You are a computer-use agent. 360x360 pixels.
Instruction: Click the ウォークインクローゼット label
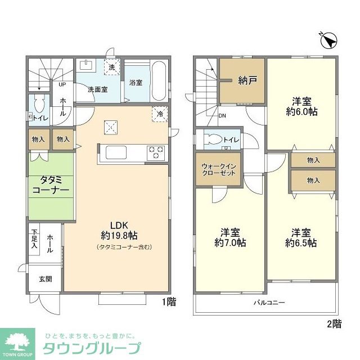218,169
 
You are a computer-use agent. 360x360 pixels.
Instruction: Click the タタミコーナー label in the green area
51,185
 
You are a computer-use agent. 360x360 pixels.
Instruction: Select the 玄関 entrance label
45,279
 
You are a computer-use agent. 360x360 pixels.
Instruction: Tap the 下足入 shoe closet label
34,239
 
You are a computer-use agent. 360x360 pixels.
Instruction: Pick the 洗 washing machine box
112,67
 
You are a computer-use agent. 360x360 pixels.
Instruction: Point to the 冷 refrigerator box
160,114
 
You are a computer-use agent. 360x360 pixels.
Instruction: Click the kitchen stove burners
156,151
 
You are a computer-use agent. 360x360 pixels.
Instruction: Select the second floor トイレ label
231,139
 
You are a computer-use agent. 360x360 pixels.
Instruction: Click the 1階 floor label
169,302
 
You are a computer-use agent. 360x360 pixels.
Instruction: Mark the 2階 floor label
334,323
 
